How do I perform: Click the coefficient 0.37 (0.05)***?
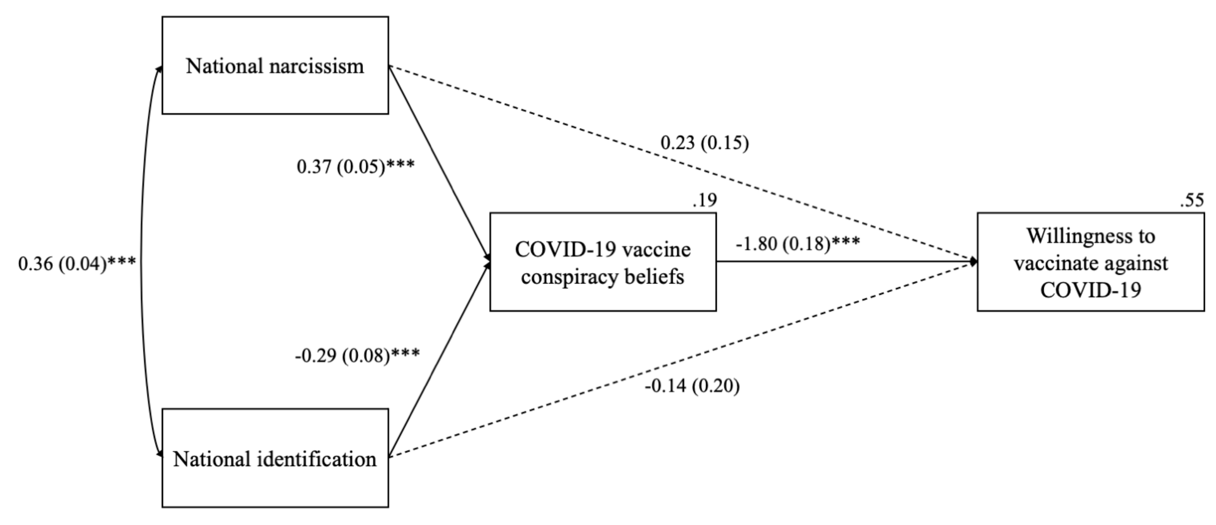click(355, 167)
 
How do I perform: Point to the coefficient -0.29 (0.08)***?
click(357, 355)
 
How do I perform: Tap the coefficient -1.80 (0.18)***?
click(798, 244)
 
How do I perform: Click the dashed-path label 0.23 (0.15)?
click(704, 143)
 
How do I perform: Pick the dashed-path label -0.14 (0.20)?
click(692, 386)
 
